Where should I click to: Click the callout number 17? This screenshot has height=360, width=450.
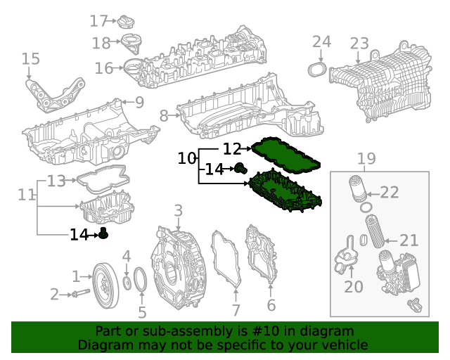click(98, 21)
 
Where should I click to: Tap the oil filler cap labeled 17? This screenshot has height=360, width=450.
click(127, 21)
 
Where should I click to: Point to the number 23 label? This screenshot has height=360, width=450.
click(359, 44)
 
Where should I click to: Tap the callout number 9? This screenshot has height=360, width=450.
click(139, 103)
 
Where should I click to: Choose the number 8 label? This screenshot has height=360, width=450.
click(164, 115)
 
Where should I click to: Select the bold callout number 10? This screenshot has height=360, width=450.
click(186, 159)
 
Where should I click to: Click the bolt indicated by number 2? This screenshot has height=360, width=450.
click(80, 293)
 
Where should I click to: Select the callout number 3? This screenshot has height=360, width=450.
click(178, 210)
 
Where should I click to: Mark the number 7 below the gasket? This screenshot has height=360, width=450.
click(236, 310)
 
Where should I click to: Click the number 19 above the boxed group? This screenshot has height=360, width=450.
click(366, 159)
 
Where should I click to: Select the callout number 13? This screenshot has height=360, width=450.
click(56, 181)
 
